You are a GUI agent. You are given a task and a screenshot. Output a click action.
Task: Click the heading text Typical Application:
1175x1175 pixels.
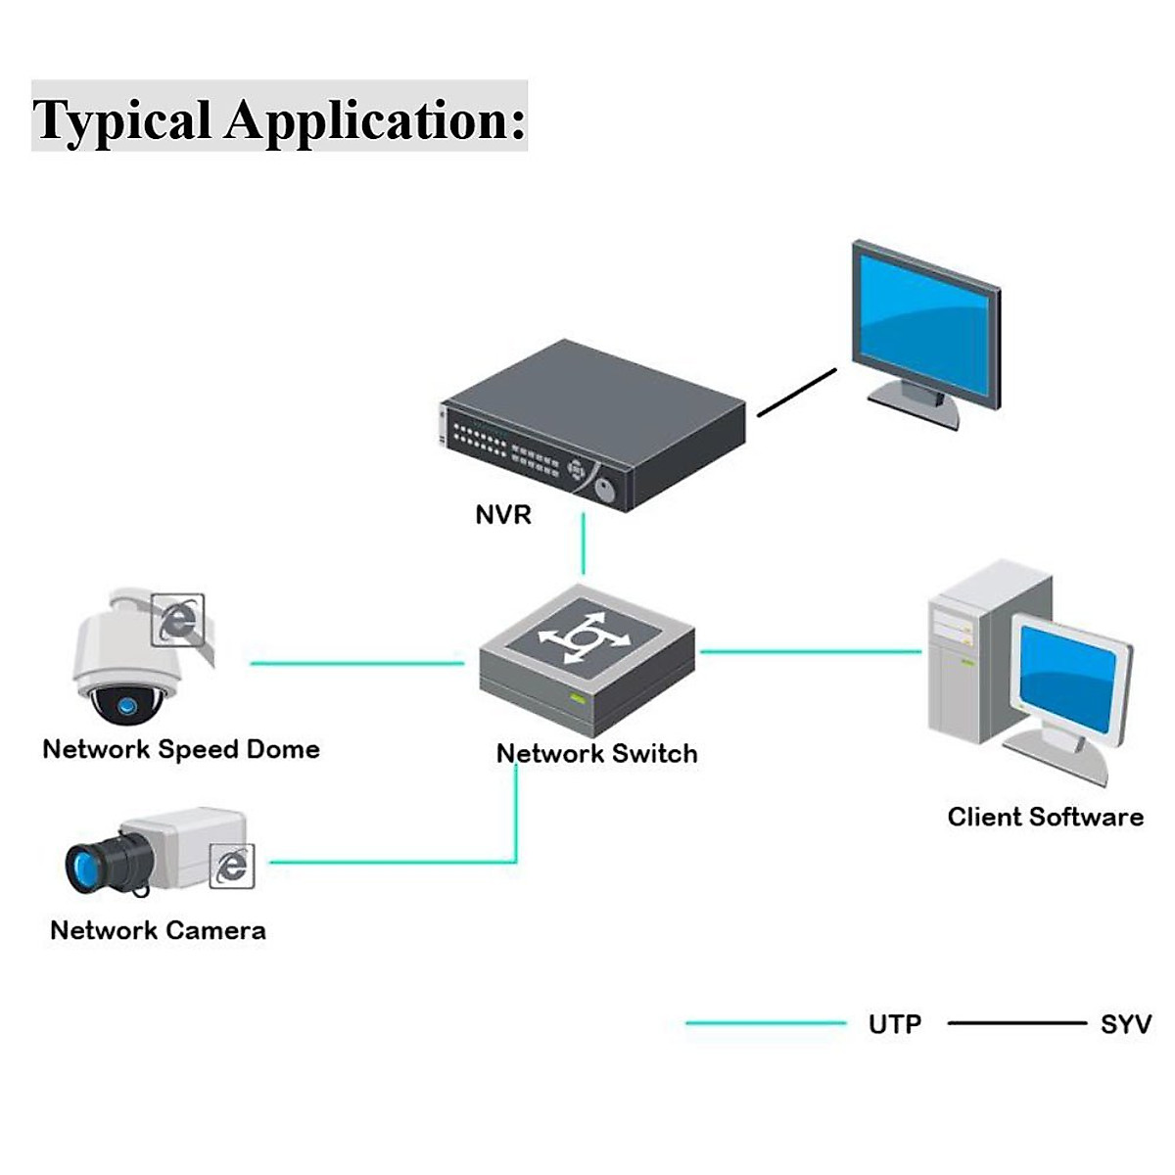coord(279,118)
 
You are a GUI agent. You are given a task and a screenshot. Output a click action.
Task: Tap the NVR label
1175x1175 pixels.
coord(502,515)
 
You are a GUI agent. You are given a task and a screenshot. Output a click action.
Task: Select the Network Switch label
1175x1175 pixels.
coord(596,754)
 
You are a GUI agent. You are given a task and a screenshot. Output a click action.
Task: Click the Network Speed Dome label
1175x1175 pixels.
coord(181,750)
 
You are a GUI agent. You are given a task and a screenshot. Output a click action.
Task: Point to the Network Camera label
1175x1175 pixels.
coord(158,930)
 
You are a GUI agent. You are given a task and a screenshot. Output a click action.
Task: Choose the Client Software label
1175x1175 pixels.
coord(1045,818)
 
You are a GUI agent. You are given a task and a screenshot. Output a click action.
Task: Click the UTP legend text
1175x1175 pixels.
coord(894,1024)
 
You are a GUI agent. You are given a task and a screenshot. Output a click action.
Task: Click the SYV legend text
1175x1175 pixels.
coord(1125,1024)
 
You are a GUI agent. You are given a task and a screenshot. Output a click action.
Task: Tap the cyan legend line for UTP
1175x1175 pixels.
coord(765,1023)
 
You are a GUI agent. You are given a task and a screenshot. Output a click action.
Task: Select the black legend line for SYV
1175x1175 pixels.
coord(1016,1023)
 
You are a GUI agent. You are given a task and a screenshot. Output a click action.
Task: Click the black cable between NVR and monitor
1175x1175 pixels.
coord(797,393)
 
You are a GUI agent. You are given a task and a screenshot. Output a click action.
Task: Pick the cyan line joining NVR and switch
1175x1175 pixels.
coord(584,543)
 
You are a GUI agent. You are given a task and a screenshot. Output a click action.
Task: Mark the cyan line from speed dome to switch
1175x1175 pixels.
coord(356,664)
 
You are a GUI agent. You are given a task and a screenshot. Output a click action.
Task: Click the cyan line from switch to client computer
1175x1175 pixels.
coord(811,651)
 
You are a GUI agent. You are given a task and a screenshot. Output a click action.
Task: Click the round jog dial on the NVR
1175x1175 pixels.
coord(605,487)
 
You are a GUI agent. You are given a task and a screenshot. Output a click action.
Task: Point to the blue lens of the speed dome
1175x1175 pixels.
coord(125,705)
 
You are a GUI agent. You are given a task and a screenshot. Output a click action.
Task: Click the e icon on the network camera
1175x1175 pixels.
coord(232,867)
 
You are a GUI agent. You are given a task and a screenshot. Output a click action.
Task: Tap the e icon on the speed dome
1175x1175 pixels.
coord(177,619)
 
